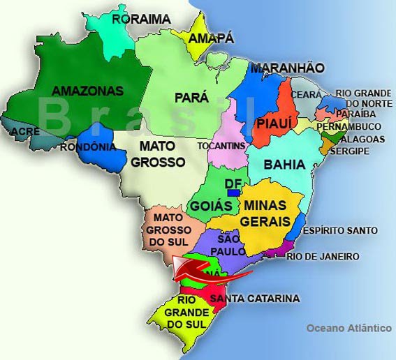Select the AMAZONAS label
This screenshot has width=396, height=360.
click(88, 91)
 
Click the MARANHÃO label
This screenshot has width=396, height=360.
click(287, 68)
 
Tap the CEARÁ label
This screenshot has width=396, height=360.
click(307, 94)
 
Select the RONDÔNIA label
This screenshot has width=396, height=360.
click(88, 147)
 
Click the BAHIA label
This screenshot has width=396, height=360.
click(285, 165)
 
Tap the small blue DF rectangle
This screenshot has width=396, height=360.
click(234, 192)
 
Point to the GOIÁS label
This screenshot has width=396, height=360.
click(207, 207)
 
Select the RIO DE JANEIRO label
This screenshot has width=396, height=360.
click(323, 257)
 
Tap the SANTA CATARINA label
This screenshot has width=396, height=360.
click(255, 299)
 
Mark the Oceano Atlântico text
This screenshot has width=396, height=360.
click(349, 328)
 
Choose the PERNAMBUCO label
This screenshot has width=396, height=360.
click(349, 126)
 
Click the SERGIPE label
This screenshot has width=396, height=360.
click(350, 151)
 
